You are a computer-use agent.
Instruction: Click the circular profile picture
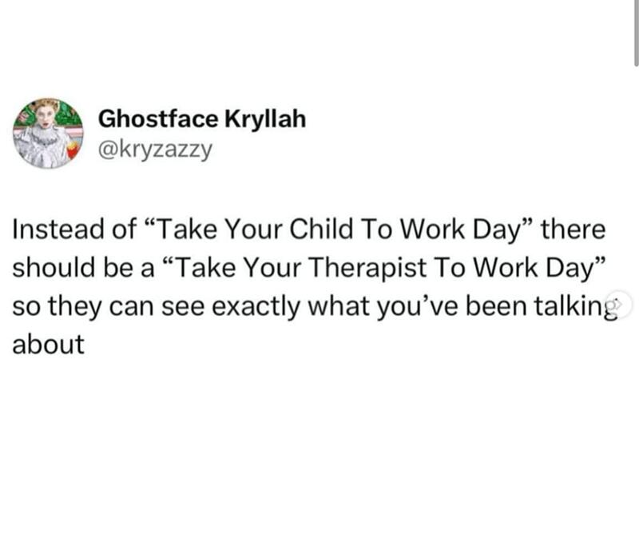tap(48, 133)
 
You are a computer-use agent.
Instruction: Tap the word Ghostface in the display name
tap(158, 118)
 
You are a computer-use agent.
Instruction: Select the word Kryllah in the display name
tap(265, 118)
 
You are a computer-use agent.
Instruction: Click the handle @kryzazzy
tap(155, 150)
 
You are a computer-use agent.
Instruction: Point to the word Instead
tap(58, 229)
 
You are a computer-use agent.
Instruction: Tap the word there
tap(573, 229)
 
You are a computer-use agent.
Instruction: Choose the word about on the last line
tap(49, 344)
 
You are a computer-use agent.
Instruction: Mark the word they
tap(75, 307)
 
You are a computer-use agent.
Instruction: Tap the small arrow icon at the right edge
tap(618, 304)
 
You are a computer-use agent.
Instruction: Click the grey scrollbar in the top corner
tap(637, 33)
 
